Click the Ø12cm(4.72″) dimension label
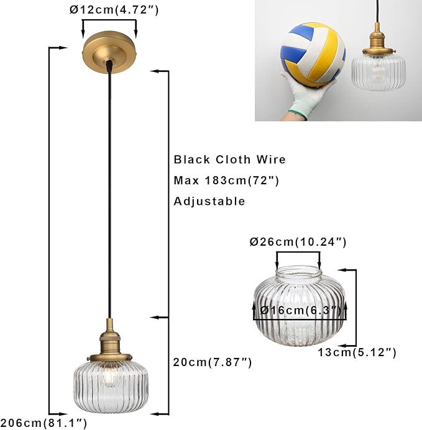click(114, 10)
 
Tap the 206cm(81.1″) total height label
click(44, 423)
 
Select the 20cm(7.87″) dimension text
click(213, 362)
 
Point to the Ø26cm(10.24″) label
click(298, 242)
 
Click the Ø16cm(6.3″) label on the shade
click(301, 310)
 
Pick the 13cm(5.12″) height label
click(357, 352)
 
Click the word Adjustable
click(209, 202)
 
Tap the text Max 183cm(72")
click(226, 181)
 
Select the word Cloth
click(233, 159)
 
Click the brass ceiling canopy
click(109, 53)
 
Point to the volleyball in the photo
click(313, 55)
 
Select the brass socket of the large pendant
click(109, 342)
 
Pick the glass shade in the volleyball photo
click(378, 72)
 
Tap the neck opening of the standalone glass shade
click(298, 272)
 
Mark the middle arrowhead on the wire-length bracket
click(155, 317)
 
